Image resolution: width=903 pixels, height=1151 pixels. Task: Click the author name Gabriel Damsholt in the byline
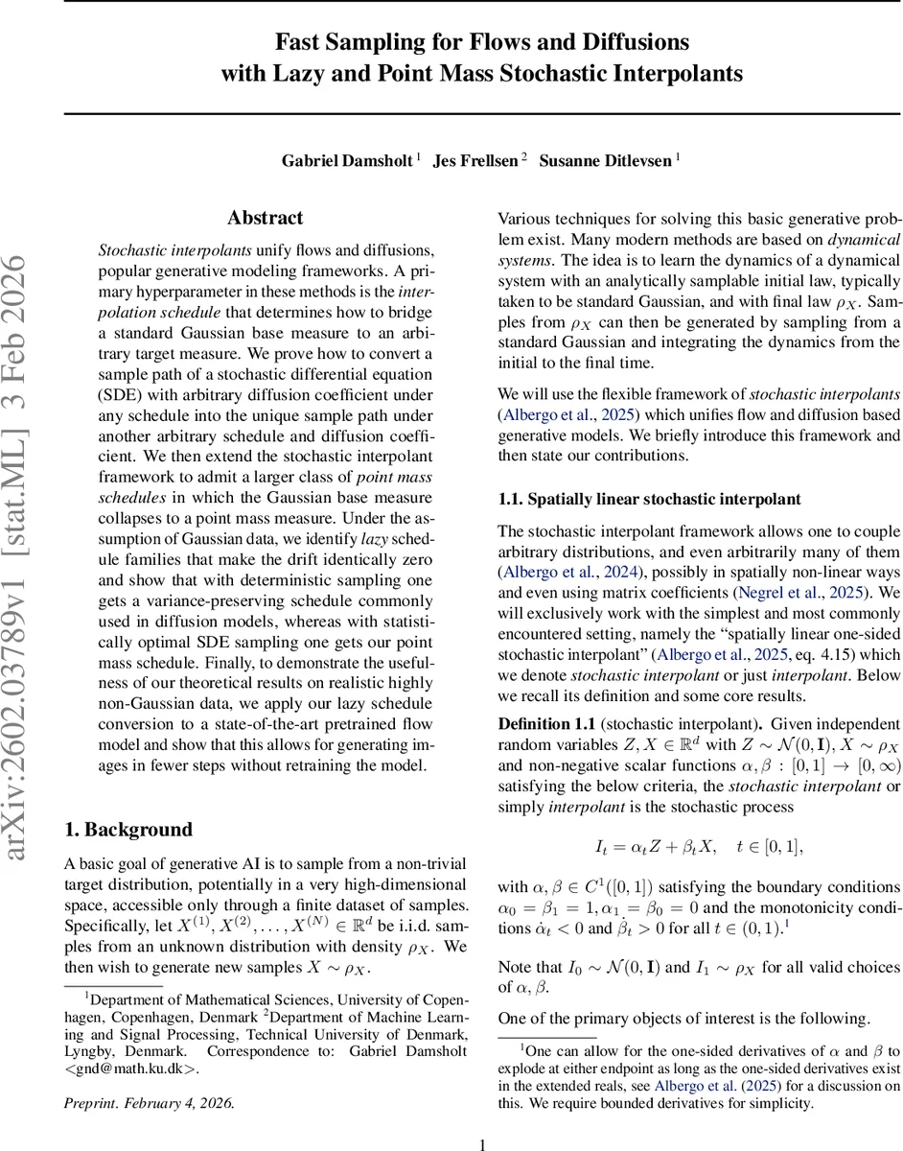(x=346, y=160)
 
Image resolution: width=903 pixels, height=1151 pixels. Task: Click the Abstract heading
(x=266, y=218)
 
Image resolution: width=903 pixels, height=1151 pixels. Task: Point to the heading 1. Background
(x=127, y=830)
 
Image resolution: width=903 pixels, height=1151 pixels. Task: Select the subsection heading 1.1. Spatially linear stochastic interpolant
(x=649, y=499)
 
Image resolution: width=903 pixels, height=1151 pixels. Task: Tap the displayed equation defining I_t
(x=698, y=846)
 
